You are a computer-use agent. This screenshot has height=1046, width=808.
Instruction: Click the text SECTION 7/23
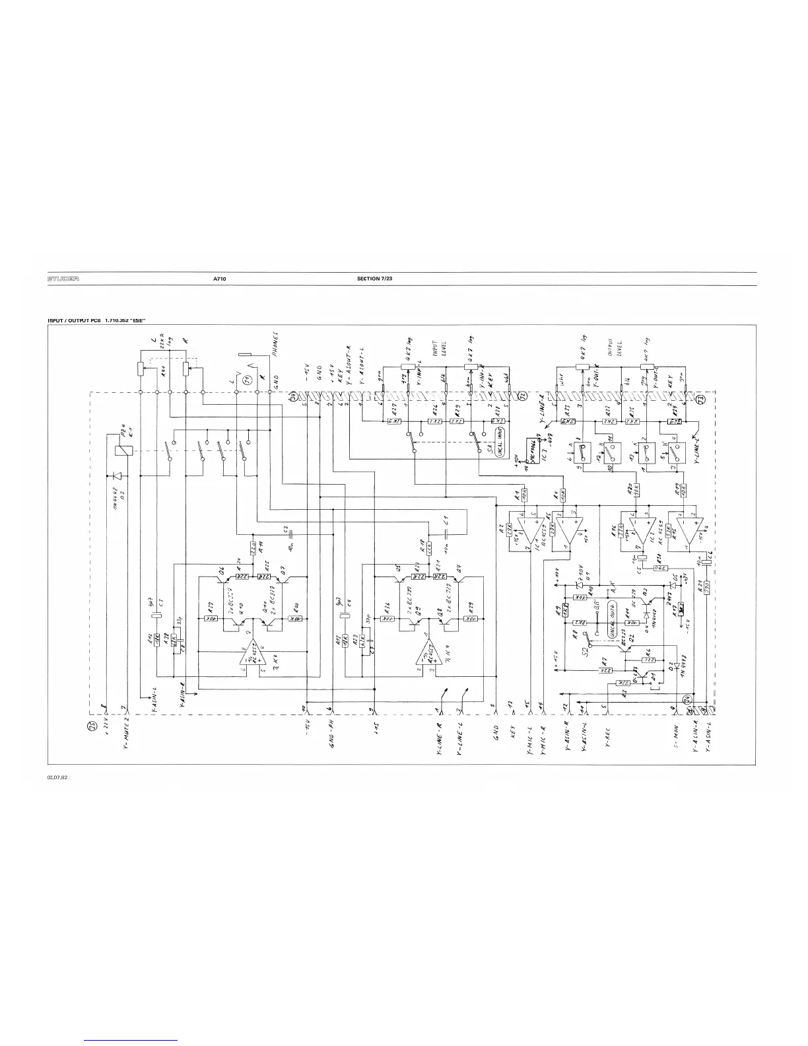[x=374, y=279]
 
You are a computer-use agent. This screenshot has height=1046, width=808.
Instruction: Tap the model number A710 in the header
[x=220, y=279]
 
